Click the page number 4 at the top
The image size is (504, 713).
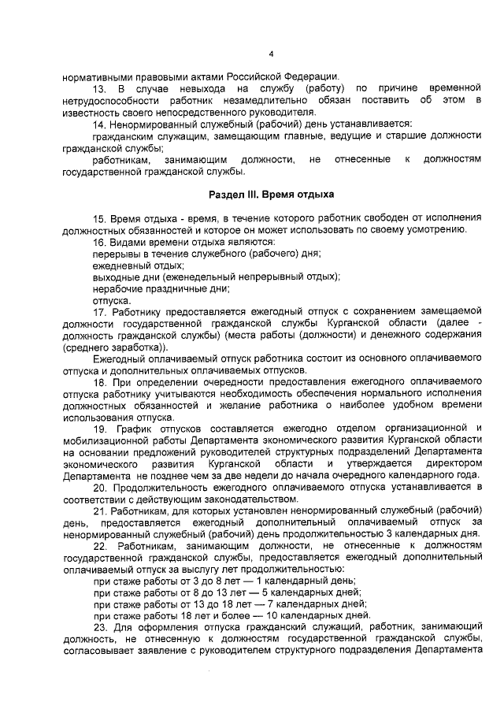pos(270,54)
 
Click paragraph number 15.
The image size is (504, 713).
pos(100,217)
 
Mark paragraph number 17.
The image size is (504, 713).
pos(100,313)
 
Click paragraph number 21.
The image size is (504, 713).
pos(100,511)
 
